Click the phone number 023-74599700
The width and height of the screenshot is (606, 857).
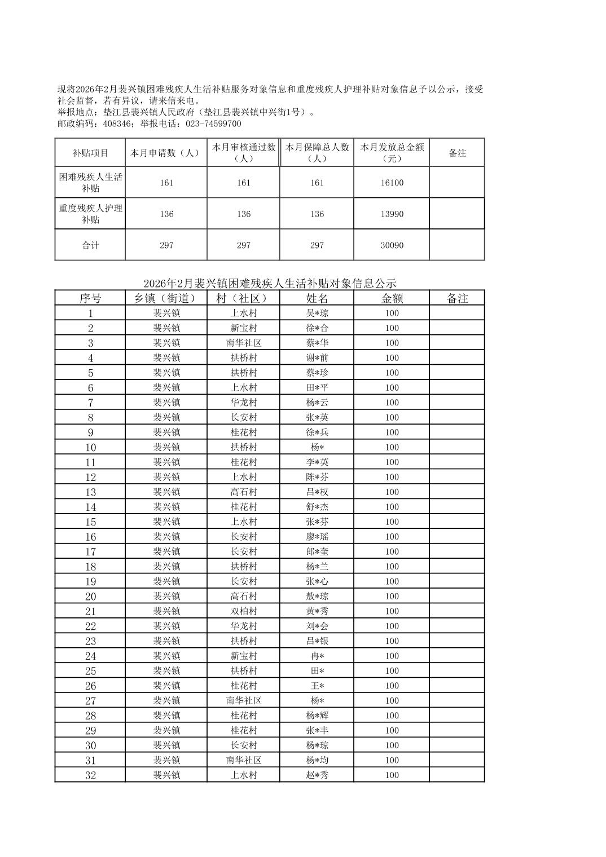point(213,124)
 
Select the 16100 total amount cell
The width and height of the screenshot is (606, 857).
point(392,183)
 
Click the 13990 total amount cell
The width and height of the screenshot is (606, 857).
point(392,214)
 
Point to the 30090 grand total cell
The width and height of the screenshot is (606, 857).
point(392,245)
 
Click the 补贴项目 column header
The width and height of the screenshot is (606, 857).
point(90,153)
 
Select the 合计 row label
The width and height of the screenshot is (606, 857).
point(90,245)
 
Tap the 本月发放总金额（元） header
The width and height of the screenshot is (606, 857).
point(392,153)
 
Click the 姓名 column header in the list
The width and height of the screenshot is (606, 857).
point(317,298)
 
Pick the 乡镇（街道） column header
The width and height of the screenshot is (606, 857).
point(166,298)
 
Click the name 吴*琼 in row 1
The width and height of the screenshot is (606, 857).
point(317,313)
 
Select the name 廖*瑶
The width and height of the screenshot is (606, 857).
point(317,537)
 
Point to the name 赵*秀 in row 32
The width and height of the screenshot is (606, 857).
point(317,775)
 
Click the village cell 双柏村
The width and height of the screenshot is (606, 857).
point(244,611)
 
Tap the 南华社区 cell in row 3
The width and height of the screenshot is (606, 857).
point(244,343)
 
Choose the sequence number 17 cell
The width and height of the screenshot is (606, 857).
point(90,552)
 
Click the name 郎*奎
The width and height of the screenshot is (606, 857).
point(317,552)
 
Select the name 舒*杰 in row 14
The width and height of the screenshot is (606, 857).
point(317,507)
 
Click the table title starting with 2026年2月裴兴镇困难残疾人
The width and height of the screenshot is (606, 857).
point(270,283)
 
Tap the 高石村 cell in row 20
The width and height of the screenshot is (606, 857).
point(244,597)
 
